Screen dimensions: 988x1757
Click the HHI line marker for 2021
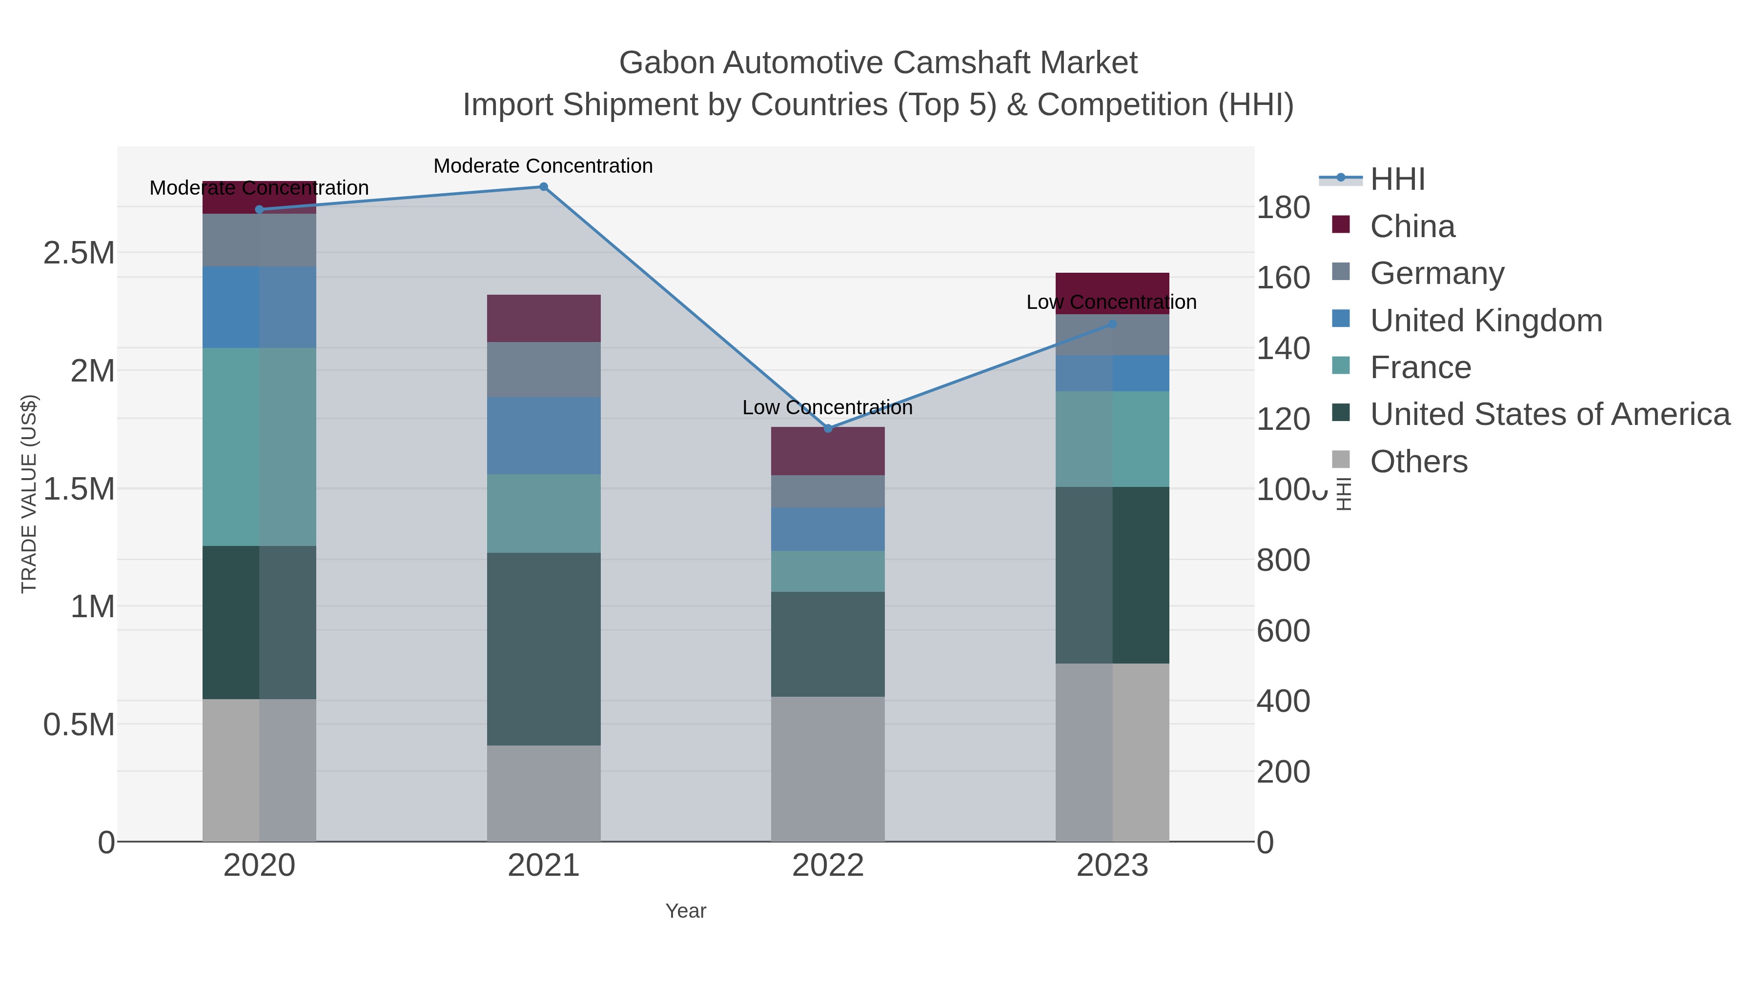coord(544,187)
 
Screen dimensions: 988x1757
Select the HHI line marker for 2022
coord(828,428)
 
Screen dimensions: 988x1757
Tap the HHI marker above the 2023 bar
coord(1112,324)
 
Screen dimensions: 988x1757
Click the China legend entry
coord(1412,226)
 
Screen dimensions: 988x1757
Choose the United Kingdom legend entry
coord(1486,321)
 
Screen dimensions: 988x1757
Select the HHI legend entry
coord(1397,180)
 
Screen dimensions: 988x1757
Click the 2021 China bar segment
coord(544,319)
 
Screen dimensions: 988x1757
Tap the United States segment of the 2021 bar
coord(544,648)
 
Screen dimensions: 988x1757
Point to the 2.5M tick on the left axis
coord(79,253)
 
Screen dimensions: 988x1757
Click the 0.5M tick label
coord(79,725)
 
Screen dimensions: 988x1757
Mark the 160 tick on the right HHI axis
coord(1283,278)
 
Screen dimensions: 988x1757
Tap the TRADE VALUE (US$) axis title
coord(29,494)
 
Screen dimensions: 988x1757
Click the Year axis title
coord(686,911)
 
